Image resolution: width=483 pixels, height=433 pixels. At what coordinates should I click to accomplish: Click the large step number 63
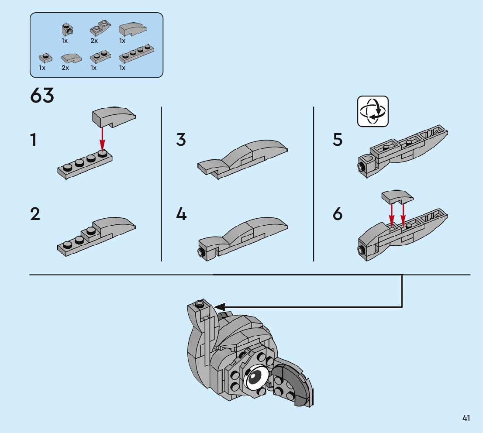pos(42,96)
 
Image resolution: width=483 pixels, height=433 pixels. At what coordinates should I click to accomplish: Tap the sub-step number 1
pos(33,140)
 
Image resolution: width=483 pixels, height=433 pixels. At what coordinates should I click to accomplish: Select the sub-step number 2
pos(35,214)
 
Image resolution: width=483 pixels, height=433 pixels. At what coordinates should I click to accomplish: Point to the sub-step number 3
pos(181,140)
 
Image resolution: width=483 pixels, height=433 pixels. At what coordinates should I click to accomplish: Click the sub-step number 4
pos(181,214)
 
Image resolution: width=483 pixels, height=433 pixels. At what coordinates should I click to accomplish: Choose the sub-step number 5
pos(338,140)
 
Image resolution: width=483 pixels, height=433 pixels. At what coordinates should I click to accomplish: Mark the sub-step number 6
pos(338,214)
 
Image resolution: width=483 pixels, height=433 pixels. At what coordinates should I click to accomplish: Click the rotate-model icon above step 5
pos(373,111)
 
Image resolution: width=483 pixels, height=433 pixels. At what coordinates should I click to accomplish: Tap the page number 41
pos(466,418)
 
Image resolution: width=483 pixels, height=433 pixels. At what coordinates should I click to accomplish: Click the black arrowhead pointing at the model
pos(220,306)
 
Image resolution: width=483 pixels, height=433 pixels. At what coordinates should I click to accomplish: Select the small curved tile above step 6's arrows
pos(397,196)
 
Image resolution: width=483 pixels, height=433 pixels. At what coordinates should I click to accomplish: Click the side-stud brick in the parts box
pos(67,29)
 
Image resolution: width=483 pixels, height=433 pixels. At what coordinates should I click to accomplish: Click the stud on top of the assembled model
pos(200,303)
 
